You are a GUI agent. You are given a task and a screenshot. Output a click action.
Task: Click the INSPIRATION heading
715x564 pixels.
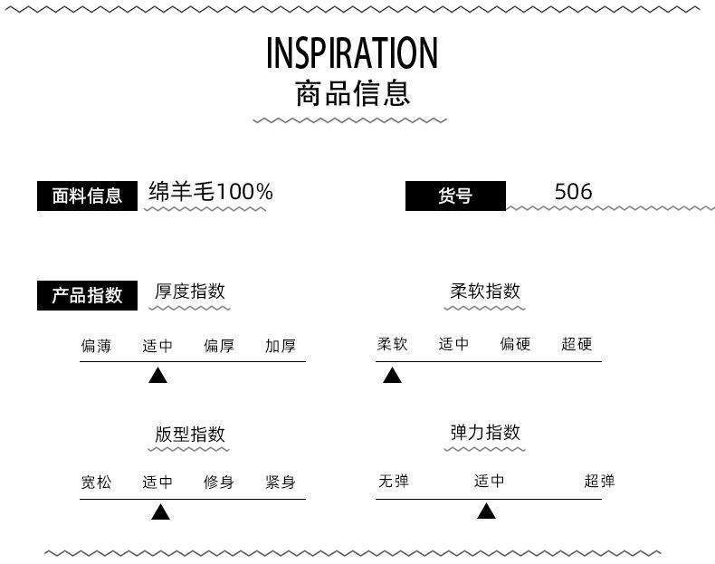[351, 53]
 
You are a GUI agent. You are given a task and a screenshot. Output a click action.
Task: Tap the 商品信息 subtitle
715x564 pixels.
[352, 93]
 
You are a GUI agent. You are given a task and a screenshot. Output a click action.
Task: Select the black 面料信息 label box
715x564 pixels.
[87, 196]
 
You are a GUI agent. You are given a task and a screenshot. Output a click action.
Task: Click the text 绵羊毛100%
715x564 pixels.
[211, 192]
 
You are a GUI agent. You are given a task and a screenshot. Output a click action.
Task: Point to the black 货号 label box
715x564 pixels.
[455, 196]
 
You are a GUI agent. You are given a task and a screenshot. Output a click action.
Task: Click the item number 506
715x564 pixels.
[573, 192]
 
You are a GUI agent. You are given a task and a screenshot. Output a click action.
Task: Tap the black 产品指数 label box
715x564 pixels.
[87, 295]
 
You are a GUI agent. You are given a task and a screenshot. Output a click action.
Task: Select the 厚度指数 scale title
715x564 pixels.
[190, 291]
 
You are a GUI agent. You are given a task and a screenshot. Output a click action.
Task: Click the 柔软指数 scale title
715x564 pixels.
[485, 291]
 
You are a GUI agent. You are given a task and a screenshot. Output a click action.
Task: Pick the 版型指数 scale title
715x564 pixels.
[190, 434]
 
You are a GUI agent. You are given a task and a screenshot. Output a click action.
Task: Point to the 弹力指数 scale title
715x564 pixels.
[485, 432]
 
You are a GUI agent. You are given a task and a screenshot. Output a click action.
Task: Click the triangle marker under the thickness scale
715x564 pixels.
[157, 375]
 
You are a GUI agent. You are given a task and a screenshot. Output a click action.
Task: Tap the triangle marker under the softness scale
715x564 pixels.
[392, 375]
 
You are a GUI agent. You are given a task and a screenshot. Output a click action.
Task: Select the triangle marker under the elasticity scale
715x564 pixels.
[486, 511]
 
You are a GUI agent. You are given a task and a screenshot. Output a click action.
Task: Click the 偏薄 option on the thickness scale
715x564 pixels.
[96, 346]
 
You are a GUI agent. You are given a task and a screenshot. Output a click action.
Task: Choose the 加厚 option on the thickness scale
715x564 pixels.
[281, 346]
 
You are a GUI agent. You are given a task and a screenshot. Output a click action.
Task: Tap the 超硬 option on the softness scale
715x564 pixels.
[577, 344]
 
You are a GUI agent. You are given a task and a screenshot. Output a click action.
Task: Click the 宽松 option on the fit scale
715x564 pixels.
[96, 482]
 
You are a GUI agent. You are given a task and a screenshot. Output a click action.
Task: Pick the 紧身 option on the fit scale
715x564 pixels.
[281, 482]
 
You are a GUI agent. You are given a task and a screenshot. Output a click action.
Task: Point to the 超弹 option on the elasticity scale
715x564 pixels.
[600, 481]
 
